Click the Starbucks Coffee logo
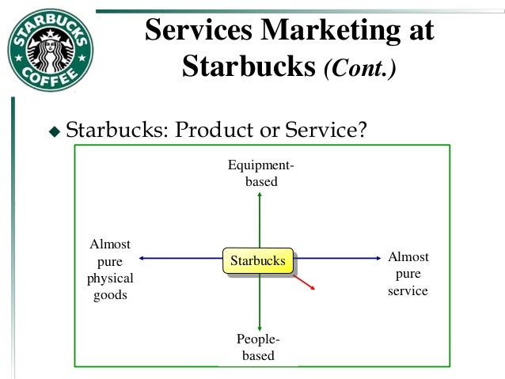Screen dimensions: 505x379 click(49, 51)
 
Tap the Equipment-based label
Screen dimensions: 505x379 click(260, 173)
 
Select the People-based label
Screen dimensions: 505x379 click(258, 347)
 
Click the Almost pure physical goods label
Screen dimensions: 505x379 click(110, 270)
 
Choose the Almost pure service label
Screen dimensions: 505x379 click(408, 274)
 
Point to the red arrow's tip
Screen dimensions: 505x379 click(315, 290)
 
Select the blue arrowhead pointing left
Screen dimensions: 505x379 click(140, 258)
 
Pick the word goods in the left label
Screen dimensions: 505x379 click(110, 296)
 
